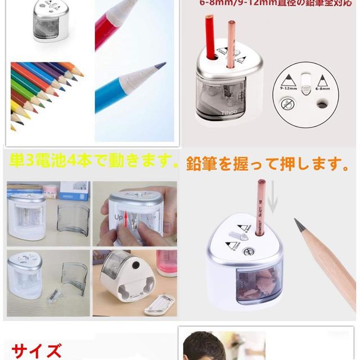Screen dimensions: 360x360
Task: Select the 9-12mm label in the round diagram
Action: pyautogui.click(x=287, y=88)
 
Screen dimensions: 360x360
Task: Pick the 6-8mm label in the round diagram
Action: pyautogui.click(x=323, y=88)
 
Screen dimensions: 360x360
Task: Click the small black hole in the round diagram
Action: pyautogui.click(x=322, y=103)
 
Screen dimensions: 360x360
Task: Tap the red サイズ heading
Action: pyautogui.click(x=37, y=351)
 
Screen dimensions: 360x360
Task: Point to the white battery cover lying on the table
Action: pyautogui.click(x=160, y=304)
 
